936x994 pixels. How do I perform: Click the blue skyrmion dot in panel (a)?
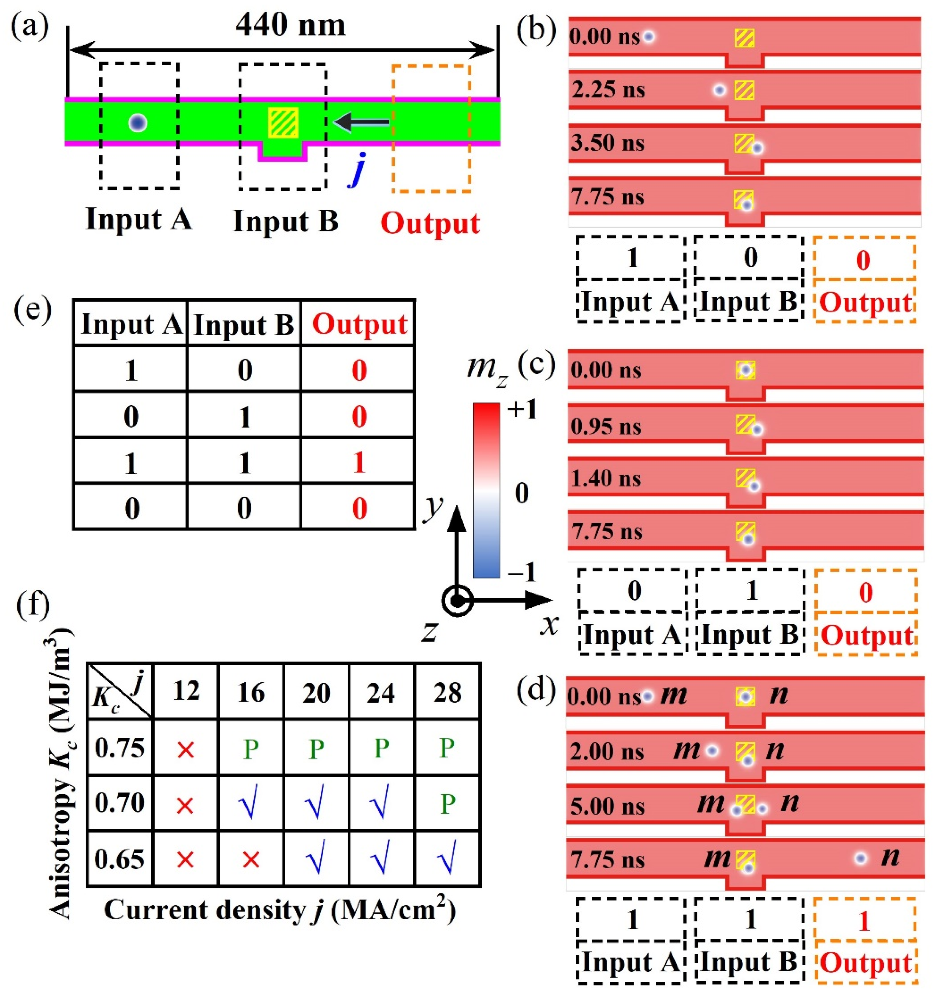click(x=138, y=123)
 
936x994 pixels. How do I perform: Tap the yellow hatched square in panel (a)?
click(x=283, y=123)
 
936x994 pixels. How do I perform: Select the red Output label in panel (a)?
click(x=430, y=223)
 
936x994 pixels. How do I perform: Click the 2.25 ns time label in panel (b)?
click(x=608, y=90)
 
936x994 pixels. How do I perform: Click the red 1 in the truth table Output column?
click(x=359, y=463)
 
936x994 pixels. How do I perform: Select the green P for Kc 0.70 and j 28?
click(x=447, y=804)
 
